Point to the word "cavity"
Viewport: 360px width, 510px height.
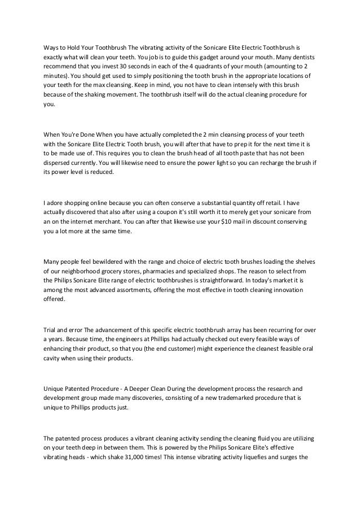tap(53, 358)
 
